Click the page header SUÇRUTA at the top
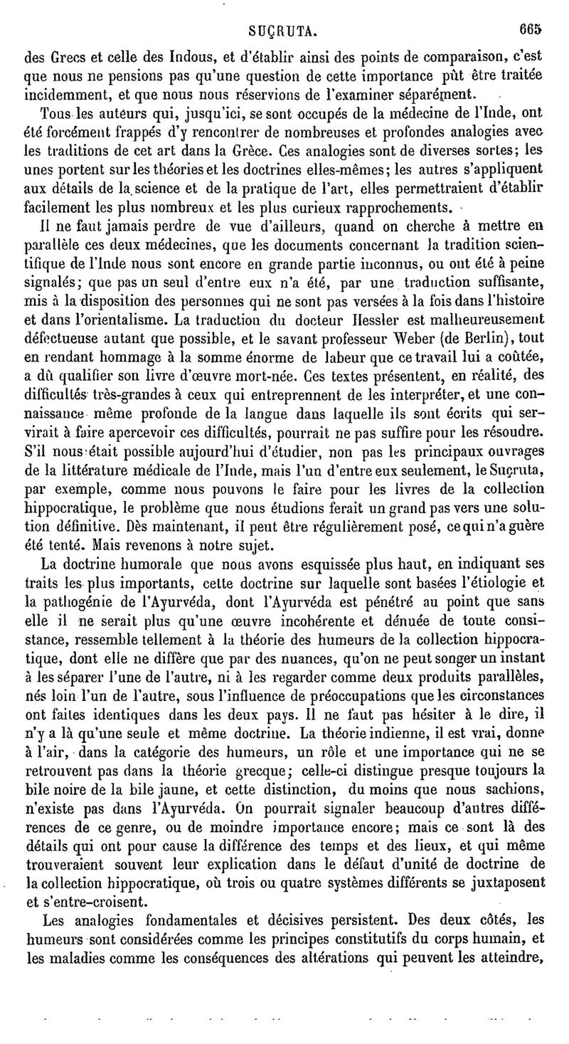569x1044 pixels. pyautogui.click(x=282, y=31)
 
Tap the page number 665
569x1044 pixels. pyautogui.click(x=530, y=31)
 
